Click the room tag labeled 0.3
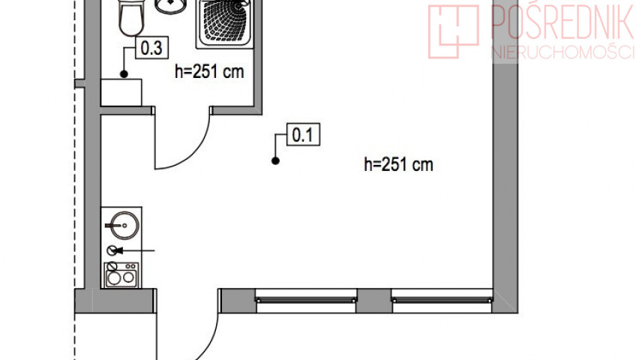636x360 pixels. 151,48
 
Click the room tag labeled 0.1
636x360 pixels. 303,134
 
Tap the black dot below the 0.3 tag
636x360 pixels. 124,73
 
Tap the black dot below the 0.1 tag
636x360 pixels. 275,161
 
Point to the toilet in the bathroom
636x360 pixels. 131,18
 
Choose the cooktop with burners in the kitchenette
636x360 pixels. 121,274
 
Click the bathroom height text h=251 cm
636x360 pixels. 209,72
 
